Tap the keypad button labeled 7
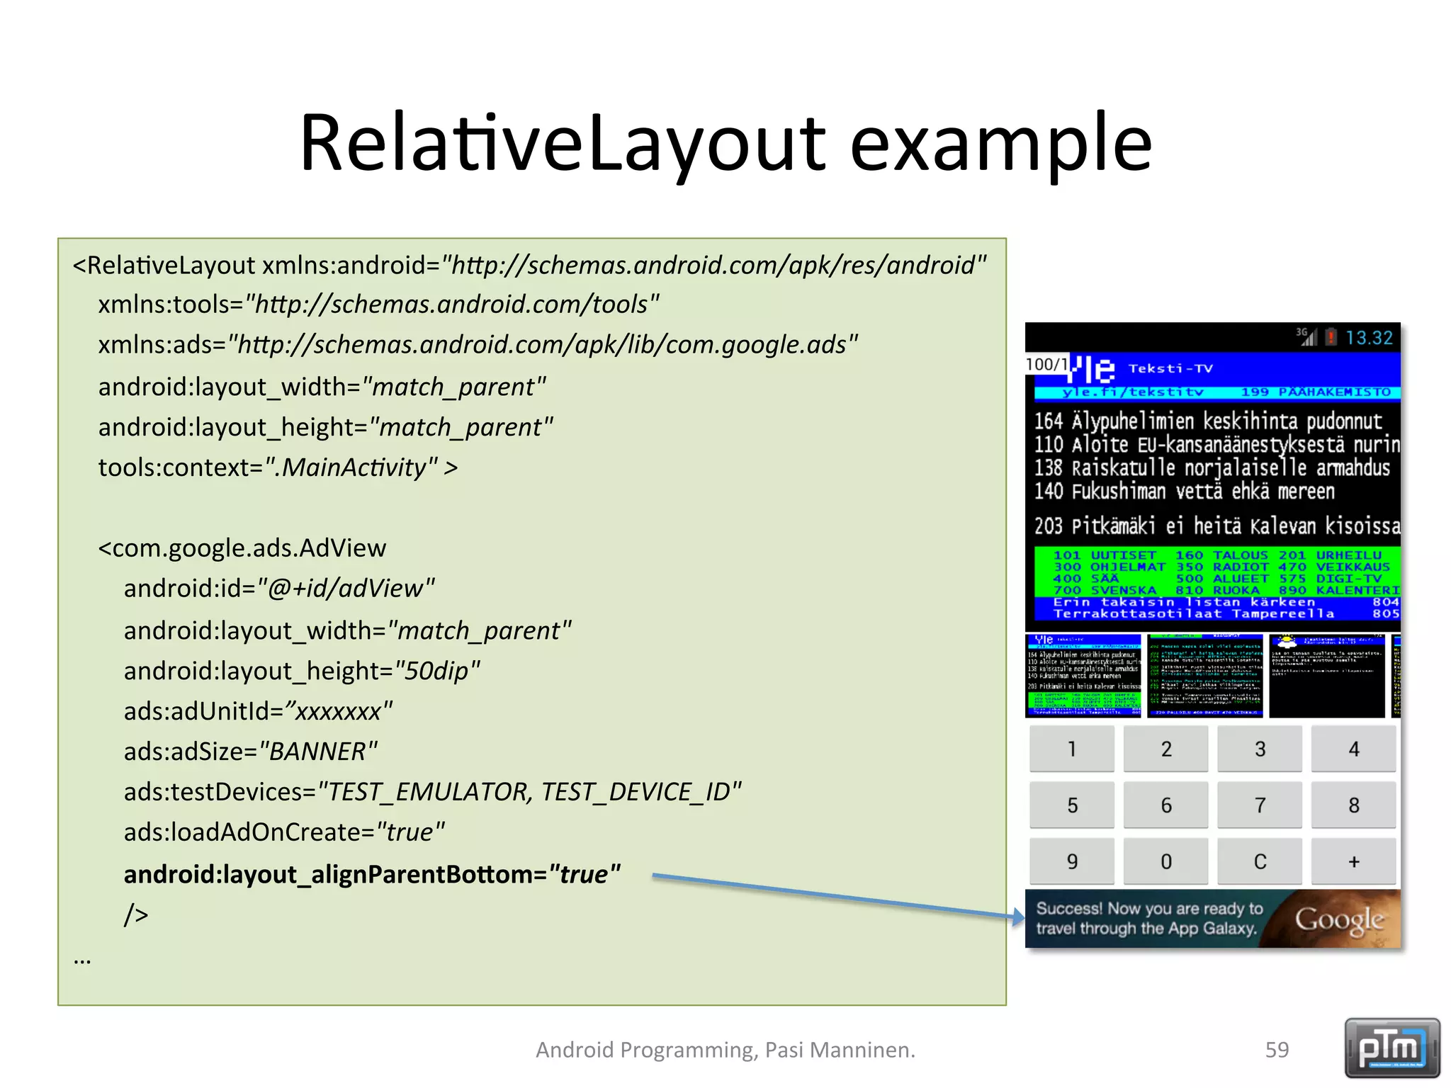pyautogui.click(x=1260, y=805)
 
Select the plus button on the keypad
pyautogui.click(x=1353, y=861)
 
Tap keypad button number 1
pyautogui.click(x=1072, y=749)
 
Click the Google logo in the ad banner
pyautogui.click(x=1338, y=919)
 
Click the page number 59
pyautogui.click(x=1277, y=1050)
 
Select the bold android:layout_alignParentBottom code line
pyautogui.click(x=372, y=874)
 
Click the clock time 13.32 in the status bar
pyautogui.click(x=1369, y=338)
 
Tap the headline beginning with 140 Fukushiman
pyautogui.click(x=1183, y=491)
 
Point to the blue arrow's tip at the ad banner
pyautogui.click(x=1021, y=918)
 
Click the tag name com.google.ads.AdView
pyautogui.click(x=248, y=548)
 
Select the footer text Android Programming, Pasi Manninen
pyautogui.click(x=725, y=1050)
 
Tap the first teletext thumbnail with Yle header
pyautogui.click(x=1083, y=676)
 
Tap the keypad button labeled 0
pyautogui.click(x=1166, y=861)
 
